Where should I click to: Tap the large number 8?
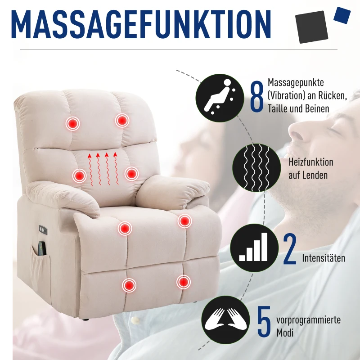(256, 97)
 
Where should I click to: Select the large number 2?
(290, 250)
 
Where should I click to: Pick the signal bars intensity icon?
(254, 248)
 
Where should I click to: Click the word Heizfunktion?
(311, 162)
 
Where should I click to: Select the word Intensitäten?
(324, 258)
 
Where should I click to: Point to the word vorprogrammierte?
(309, 320)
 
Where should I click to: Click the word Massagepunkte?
(296, 83)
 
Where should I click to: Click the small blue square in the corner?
(343, 14)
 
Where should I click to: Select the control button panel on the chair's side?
(43, 229)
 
